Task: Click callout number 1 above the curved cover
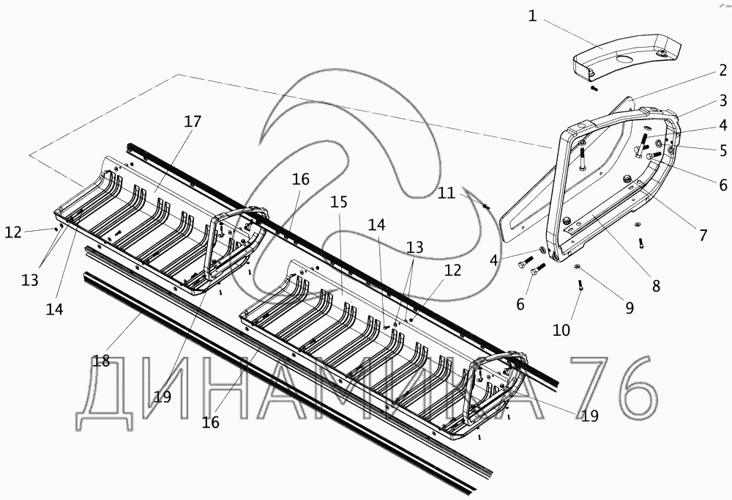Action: click(x=533, y=16)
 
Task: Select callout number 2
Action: click(x=722, y=70)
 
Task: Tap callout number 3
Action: click(x=722, y=100)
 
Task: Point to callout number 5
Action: click(x=722, y=150)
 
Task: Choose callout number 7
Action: click(x=703, y=235)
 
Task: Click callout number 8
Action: click(x=656, y=286)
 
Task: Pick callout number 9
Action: click(x=630, y=308)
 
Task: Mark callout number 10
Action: click(x=561, y=330)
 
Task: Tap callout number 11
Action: click(x=447, y=193)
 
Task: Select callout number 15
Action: click(x=339, y=202)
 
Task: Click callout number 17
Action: click(x=193, y=122)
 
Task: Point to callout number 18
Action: click(x=101, y=361)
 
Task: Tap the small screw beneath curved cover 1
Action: click(x=594, y=87)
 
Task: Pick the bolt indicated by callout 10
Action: click(x=580, y=285)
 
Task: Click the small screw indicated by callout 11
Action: click(x=487, y=206)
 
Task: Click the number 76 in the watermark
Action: click(x=614, y=389)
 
